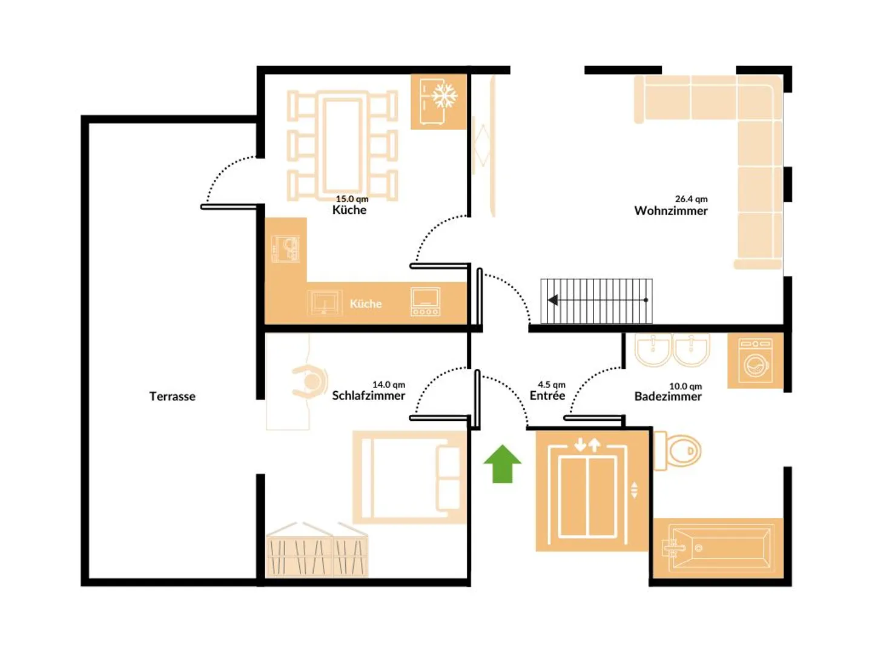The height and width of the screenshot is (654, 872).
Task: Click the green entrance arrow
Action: (502, 464)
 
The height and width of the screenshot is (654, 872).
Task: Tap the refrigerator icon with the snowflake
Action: (438, 101)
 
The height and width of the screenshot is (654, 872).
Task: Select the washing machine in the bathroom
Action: (755, 361)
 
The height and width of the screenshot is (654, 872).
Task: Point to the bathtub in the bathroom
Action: (719, 549)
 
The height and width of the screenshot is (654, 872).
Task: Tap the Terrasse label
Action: (172, 397)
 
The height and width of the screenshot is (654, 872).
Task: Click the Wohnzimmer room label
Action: (670, 211)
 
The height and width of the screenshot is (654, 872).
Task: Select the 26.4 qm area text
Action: (691, 199)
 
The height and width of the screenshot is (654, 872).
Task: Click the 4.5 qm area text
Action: (551, 385)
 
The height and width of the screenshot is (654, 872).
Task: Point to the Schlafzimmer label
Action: (368, 395)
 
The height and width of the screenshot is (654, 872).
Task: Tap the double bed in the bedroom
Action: (410, 477)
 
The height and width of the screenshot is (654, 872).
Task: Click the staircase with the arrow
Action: (596, 300)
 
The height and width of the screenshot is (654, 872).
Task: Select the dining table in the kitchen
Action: (343, 145)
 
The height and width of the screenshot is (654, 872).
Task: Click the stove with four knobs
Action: (425, 301)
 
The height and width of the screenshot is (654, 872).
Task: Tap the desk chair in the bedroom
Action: (310, 382)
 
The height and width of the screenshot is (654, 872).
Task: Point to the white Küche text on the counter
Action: (365, 304)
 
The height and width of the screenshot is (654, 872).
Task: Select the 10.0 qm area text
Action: (685, 386)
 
